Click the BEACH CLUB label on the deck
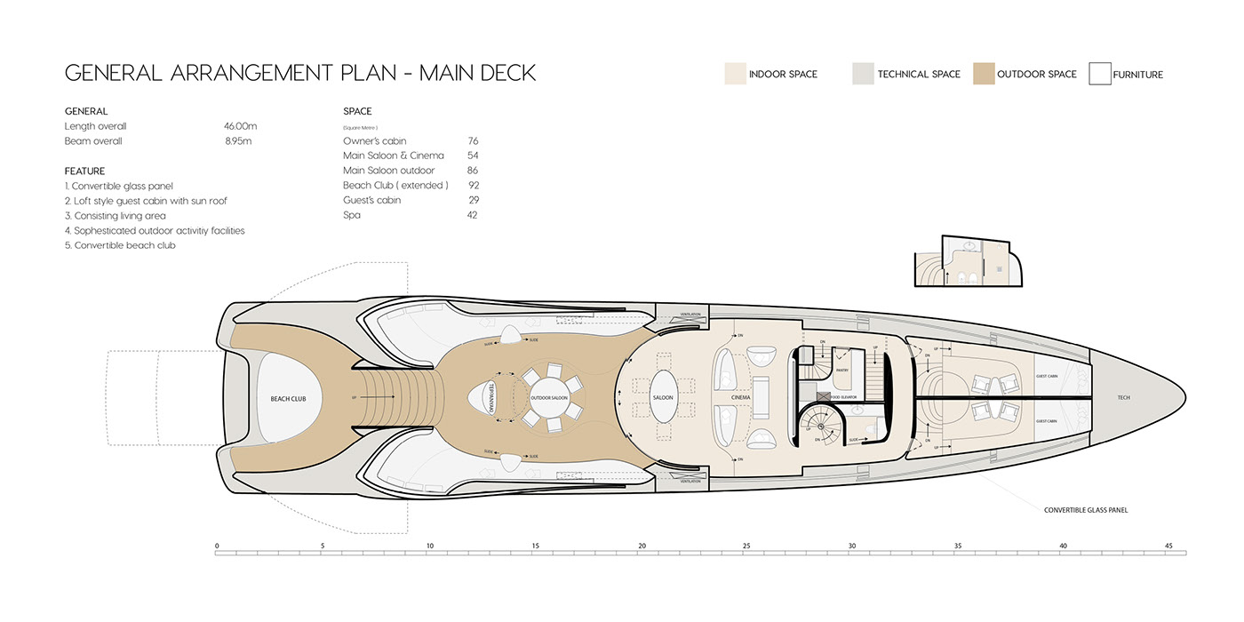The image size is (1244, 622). click(288, 399)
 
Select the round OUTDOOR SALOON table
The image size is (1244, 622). click(548, 397)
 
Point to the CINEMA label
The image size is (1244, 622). click(741, 397)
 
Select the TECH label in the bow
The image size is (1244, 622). click(1123, 397)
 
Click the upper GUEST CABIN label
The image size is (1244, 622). click(1046, 377)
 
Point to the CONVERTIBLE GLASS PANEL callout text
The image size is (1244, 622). click(1086, 510)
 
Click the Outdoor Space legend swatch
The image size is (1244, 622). click(983, 74)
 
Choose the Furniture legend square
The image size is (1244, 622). click(1100, 74)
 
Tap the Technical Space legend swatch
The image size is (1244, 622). click(863, 74)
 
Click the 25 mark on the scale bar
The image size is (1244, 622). click(746, 546)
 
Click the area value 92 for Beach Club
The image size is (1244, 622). click(473, 185)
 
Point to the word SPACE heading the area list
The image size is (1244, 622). click(357, 111)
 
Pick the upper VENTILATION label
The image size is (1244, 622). click(690, 315)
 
